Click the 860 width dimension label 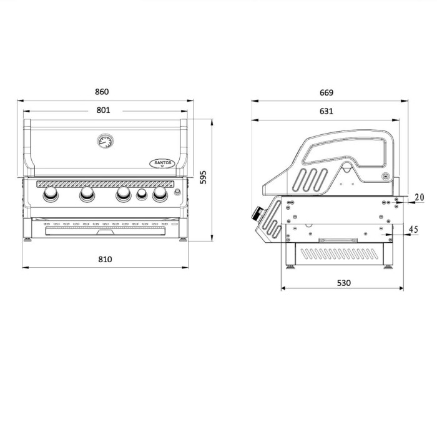point(102,92)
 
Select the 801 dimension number point(103,110)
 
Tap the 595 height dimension point(204,177)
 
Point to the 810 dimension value point(105,260)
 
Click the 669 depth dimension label point(327,92)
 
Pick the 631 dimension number point(326,111)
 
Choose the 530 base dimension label point(343,283)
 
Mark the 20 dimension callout point(419,197)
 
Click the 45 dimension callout point(413,229)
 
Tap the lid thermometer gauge point(106,141)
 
